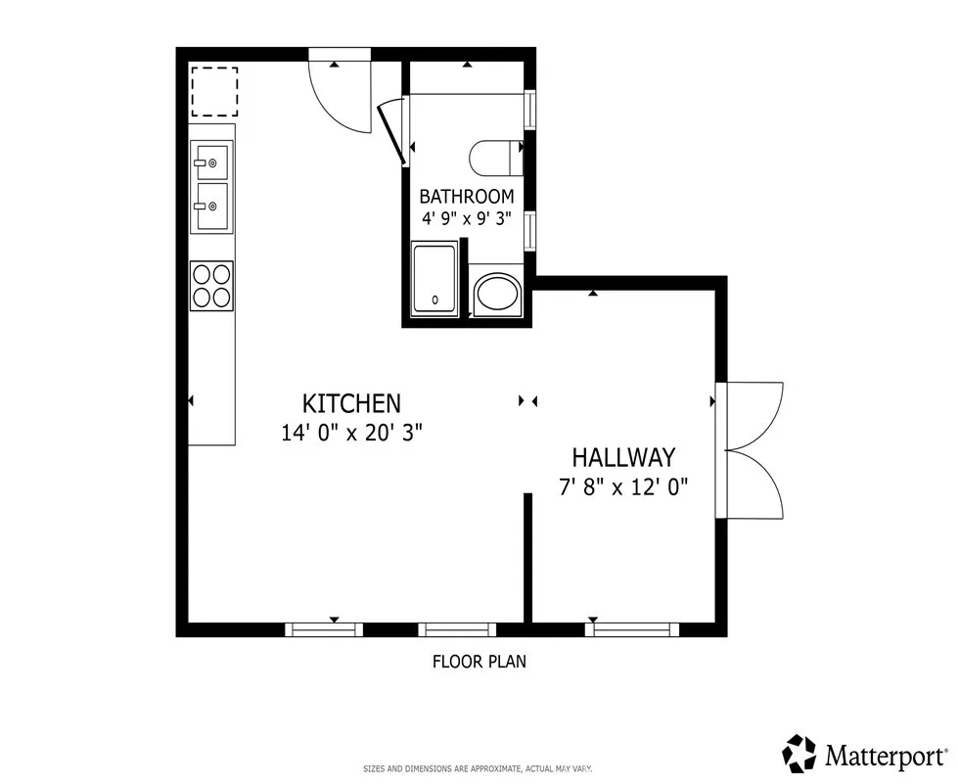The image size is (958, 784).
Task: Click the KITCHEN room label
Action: click(351, 403)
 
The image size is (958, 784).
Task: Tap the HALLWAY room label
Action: click(623, 457)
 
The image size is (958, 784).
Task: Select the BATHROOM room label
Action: click(466, 196)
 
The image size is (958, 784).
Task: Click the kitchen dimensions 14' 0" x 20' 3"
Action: click(351, 433)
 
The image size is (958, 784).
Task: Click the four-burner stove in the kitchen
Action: click(211, 285)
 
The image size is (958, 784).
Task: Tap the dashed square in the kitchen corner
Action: click(213, 91)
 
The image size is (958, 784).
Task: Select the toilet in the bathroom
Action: click(497, 157)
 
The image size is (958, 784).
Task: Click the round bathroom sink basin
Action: click(498, 293)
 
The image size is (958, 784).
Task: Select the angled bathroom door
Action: click(391, 129)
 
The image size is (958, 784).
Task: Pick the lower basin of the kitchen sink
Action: click(211, 206)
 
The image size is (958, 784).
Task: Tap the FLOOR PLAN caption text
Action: click(479, 662)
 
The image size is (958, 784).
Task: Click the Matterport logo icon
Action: click(799, 754)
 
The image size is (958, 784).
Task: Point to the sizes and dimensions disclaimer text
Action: click(478, 768)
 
